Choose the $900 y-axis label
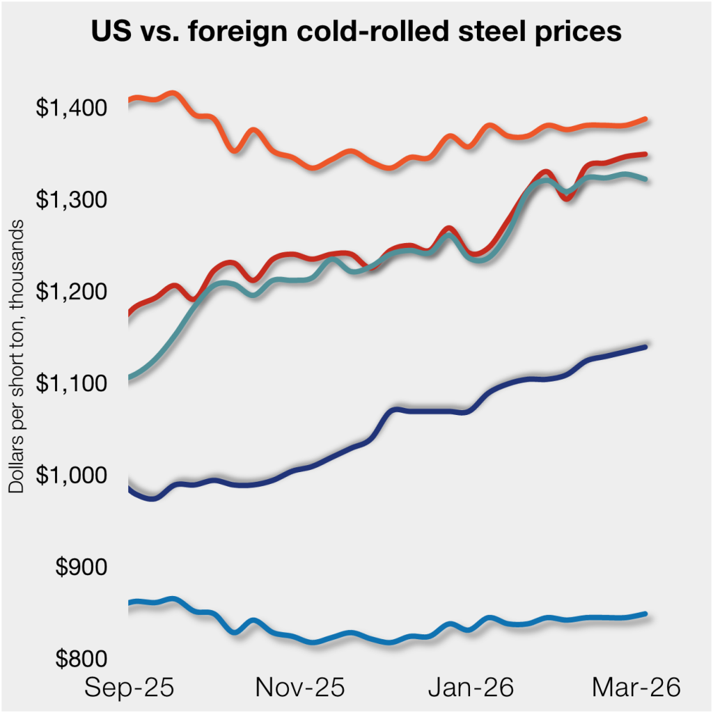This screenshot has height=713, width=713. [81, 567]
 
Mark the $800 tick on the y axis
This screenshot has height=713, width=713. [81, 658]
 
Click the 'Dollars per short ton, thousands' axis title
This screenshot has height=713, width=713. [17, 356]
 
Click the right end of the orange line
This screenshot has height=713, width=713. [645, 120]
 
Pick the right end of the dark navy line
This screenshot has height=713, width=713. [645, 347]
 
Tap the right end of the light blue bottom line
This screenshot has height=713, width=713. [645, 614]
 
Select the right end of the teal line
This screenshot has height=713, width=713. [645, 179]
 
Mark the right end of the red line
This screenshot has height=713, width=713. [645, 155]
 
